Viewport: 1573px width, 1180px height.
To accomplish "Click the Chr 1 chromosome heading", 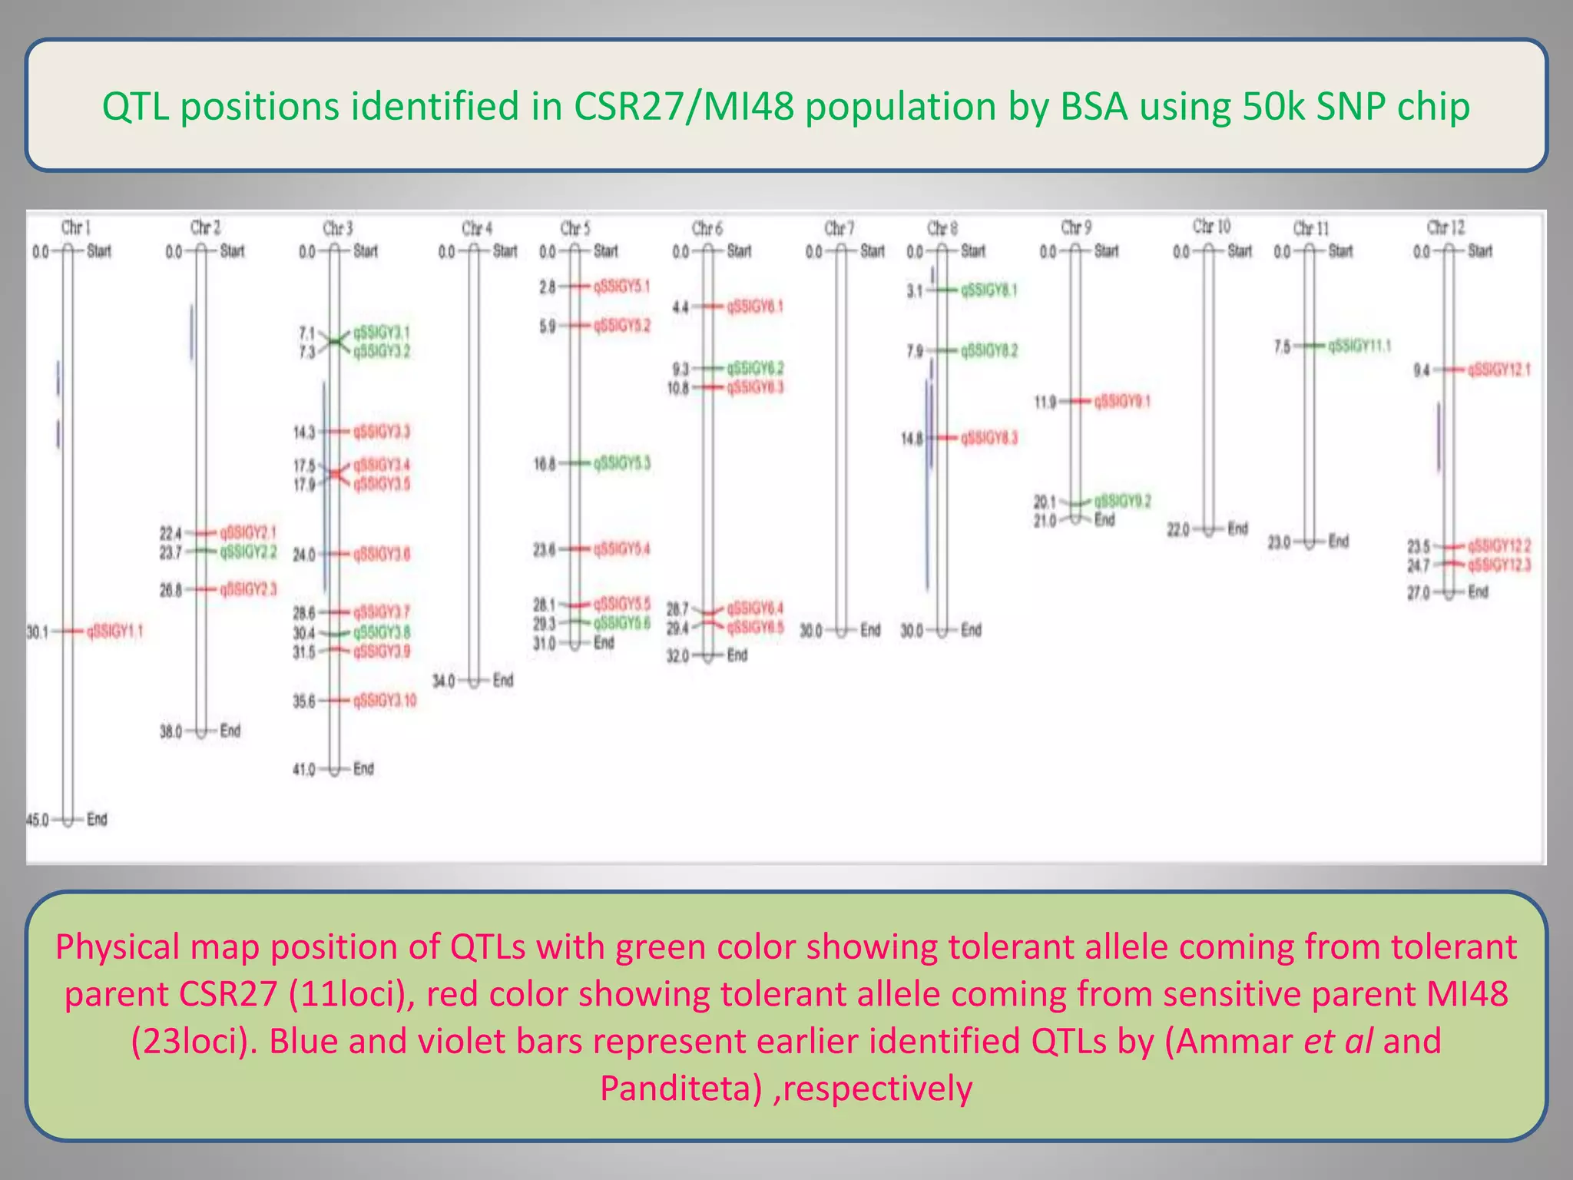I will pos(76,227).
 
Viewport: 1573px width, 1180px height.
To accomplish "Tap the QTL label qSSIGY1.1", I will pos(114,631).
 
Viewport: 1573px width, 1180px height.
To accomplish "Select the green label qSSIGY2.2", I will pos(248,552).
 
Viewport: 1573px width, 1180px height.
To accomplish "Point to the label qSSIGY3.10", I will pos(384,701).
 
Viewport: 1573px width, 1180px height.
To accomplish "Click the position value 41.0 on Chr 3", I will pos(304,769).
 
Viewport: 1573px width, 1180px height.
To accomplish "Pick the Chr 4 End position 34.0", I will pos(444,681).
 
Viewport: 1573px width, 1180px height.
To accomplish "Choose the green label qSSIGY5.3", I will pos(621,463).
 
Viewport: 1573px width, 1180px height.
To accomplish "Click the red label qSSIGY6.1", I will pos(755,307).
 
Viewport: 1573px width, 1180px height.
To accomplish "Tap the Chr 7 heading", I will pos(839,228).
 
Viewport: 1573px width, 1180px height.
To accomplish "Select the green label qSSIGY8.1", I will pos(989,290).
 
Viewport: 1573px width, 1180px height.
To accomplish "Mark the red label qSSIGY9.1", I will pos(1122,401).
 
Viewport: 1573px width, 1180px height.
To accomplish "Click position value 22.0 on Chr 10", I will pos(1178,529).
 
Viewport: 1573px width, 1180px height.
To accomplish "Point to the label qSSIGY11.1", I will pos(1359,346).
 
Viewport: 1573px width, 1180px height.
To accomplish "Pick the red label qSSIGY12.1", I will pos(1498,370).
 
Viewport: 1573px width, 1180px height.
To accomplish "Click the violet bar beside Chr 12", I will pos(1439,436).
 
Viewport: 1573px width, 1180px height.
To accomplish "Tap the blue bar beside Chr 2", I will pos(192,331).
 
